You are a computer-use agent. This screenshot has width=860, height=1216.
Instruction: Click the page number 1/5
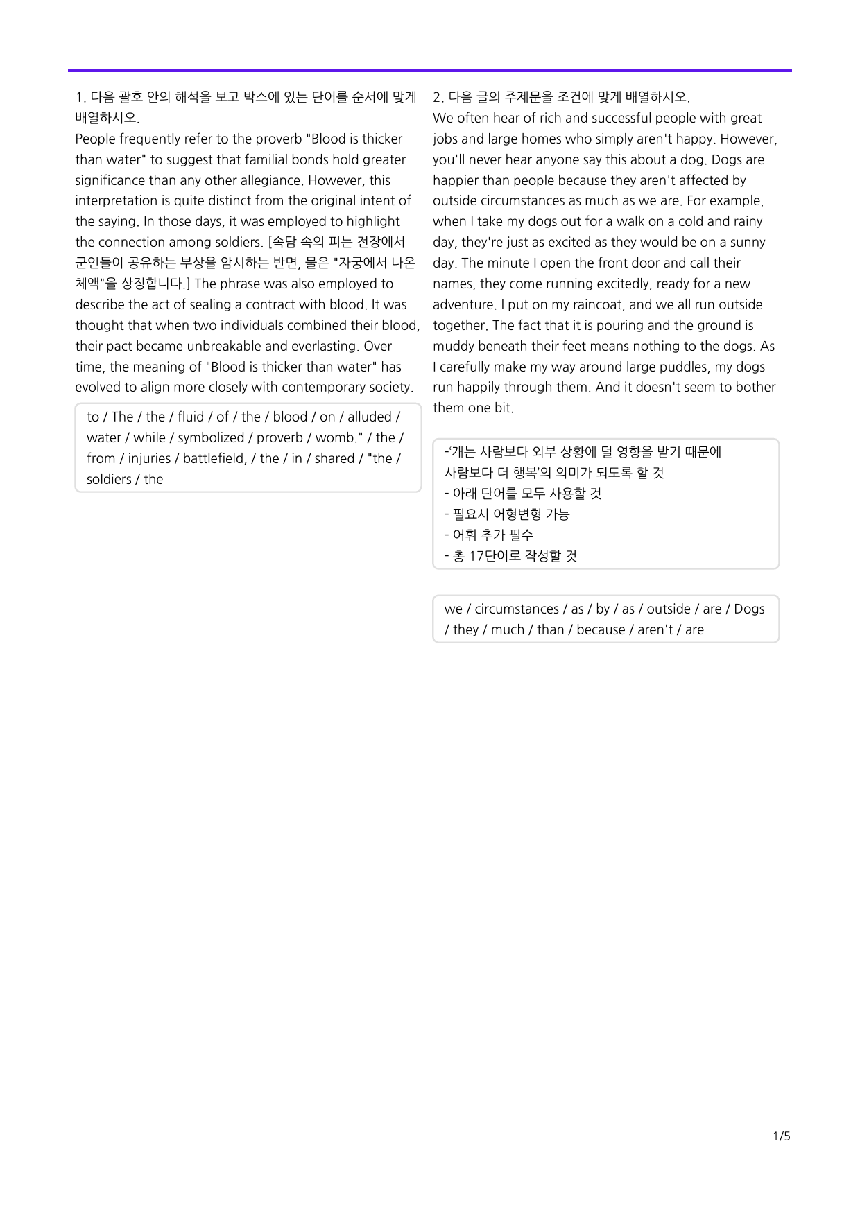782,1136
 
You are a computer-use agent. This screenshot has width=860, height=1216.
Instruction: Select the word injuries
149,458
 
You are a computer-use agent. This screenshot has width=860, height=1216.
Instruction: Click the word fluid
191,417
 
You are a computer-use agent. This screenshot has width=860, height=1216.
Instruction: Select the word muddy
453,346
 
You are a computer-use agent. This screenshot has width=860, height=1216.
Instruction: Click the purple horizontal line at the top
430,71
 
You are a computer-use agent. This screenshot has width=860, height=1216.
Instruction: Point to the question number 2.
438,97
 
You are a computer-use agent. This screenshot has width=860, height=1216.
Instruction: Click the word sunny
748,242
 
